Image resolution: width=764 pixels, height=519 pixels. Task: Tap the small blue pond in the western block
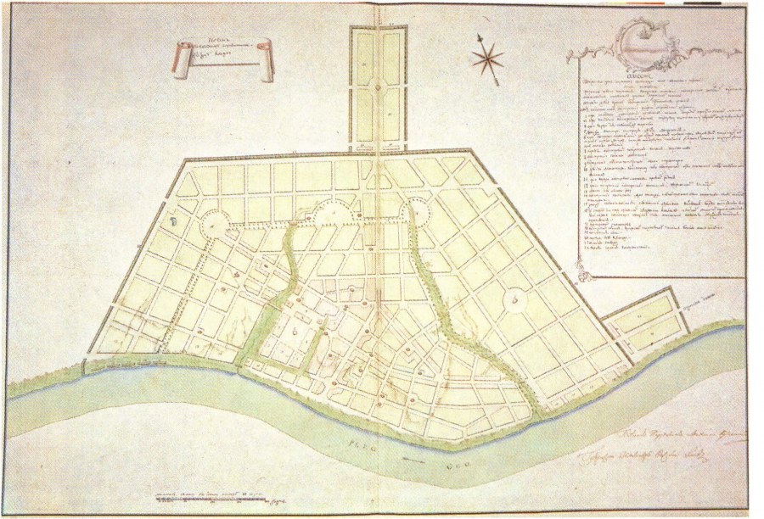point(173,220)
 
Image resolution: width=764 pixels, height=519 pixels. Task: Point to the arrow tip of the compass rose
point(480,36)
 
